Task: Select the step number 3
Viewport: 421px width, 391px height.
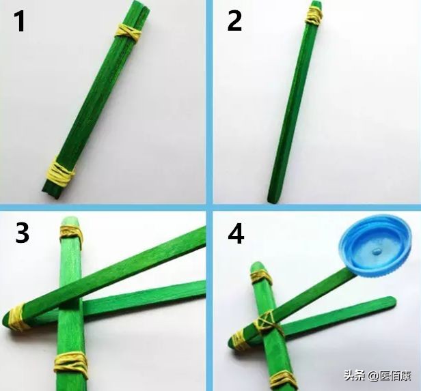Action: (22, 233)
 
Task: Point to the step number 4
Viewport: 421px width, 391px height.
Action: (236, 235)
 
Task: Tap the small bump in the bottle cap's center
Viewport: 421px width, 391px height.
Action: (375, 252)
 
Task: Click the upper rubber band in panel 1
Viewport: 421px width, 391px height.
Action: (128, 31)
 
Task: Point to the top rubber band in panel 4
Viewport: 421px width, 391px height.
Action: (260, 277)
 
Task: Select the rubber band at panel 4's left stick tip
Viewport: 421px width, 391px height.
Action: (239, 339)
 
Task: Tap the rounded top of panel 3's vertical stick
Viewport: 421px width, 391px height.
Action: (69, 221)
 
